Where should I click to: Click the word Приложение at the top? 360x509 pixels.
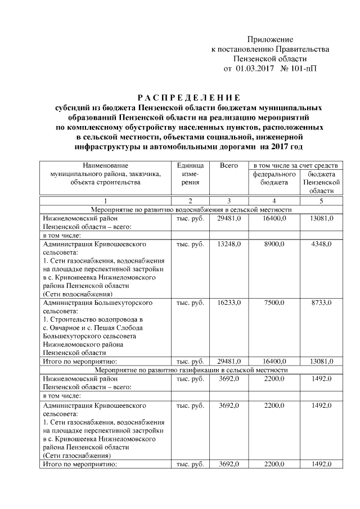(x=271, y=39)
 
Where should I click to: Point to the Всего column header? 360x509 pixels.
(x=229, y=165)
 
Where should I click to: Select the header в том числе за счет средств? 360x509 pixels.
(x=295, y=165)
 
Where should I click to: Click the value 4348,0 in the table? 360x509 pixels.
(x=321, y=245)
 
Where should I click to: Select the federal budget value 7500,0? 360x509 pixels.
(x=274, y=303)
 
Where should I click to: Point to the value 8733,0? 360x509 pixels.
(x=321, y=303)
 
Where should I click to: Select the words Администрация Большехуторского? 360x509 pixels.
(x=98, y=303)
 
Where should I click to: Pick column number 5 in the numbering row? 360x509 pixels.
(x=321, y=201)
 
